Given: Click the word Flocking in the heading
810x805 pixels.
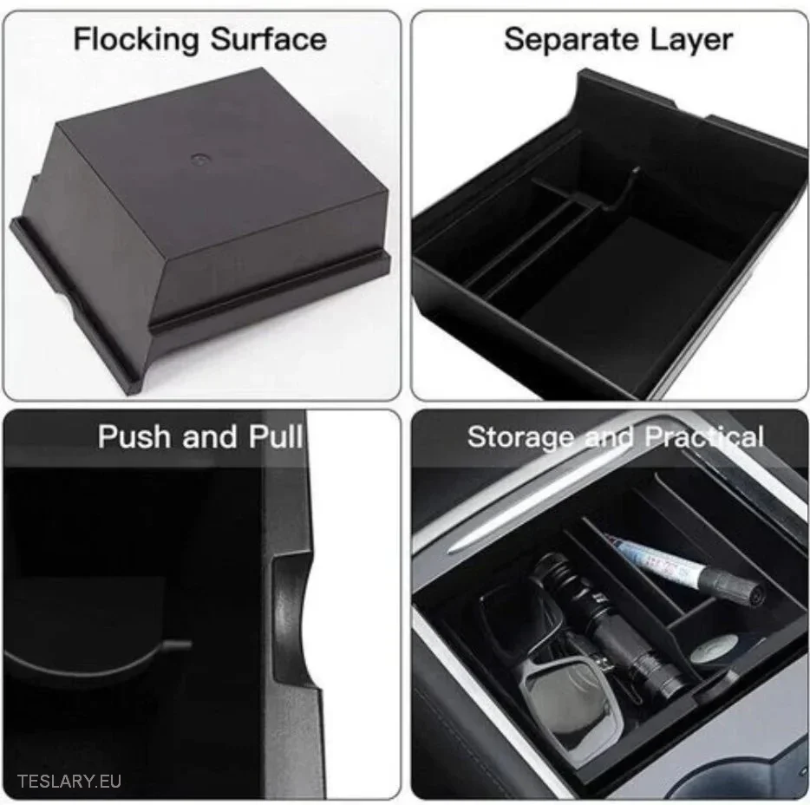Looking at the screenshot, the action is click(x=136, y=40).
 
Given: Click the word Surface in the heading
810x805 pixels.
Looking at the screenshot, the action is click(x=269, y=39).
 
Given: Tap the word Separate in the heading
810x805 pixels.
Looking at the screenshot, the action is click(x=572, y=40).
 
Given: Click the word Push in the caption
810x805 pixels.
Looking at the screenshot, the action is click(x=134, y=436).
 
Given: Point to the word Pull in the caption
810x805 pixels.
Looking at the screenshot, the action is click(x=275, y=436).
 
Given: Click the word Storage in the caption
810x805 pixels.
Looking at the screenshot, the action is click(x=520, y=437).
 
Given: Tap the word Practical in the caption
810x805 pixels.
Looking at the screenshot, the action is click(x=704, y=437).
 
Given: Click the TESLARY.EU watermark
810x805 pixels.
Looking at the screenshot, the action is click(x=69, y=781).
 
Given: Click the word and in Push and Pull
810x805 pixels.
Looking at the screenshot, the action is click(x=210, y=437).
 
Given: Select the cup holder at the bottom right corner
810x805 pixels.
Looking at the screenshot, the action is click(x=774, y=765).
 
